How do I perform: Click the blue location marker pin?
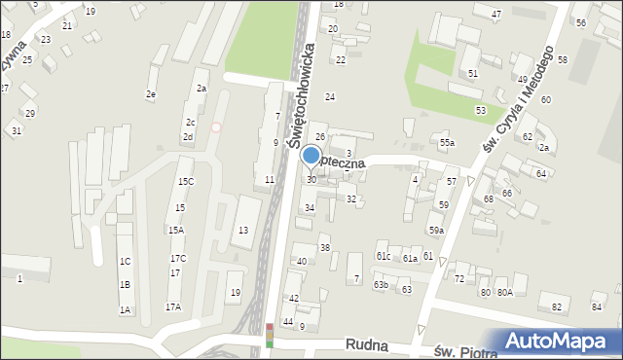pyautogui.click(x=311, y=156)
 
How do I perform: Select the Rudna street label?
pyautogui.click(x=371, y=345)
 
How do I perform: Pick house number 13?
pyautogui.click(x=243, y=230)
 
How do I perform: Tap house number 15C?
pyautogui.click(x=185, y=182)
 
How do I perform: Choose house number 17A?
pyautogui.click(x=172, y=306)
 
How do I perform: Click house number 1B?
pyautogui.click(x=125, y=284)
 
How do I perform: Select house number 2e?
pyautogui.click(x=151, y=94)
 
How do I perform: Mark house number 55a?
pyautogui.click(x=446, y=144)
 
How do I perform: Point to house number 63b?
pyautogui.click(x=382, y=285)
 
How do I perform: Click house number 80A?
pyautogui.click(x=504, y=292)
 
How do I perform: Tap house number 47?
pyautogui.click(x=496, y=15)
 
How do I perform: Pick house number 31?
pyautogui.click(x=17, y=130)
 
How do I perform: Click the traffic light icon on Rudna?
pyautogui.click(x=270, y=336)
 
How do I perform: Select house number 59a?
pyautogui.click(x=437, y=231)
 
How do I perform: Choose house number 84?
pyautogui.click(x=596, y=307)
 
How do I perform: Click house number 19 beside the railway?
pyautogui.click(x=235, y=293)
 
